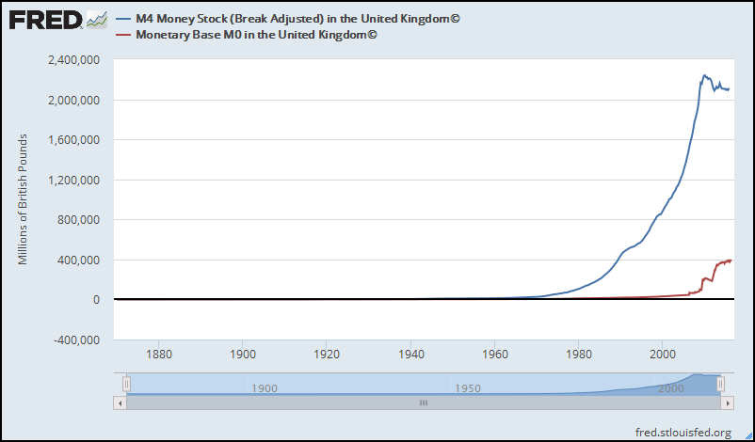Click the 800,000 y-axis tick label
[x=79, y=220]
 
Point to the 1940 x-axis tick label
[x=410, y=355]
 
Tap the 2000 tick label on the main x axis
[x=663, y=355]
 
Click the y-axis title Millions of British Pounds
[x=24, y=199]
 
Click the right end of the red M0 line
[x=731, y=260]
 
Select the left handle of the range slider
[x=126, y=384]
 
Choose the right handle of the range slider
[x=721, y=384]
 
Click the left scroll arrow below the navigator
[x=120, y=403]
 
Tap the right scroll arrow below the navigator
[x=728, y=403]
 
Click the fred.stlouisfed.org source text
[x=683, y=432]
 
